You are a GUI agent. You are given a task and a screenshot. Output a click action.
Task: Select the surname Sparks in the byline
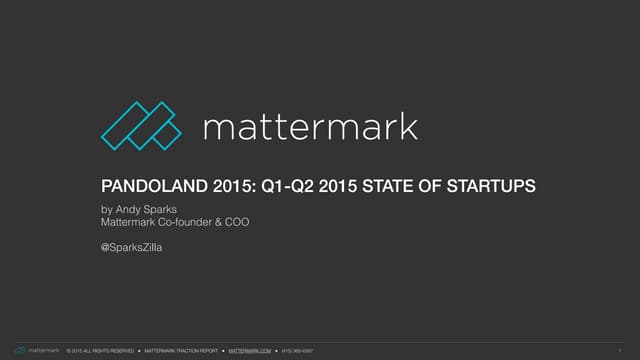pyautogui.click(x=162, y=208)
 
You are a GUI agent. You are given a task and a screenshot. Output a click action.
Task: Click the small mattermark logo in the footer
pyautogui.click(x=36, y=350)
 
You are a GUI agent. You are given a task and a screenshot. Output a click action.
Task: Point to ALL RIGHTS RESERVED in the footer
pyautogui.click(x=106, y=350)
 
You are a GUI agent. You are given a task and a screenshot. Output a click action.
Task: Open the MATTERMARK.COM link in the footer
pyautogui.click(x=250, y=350)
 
